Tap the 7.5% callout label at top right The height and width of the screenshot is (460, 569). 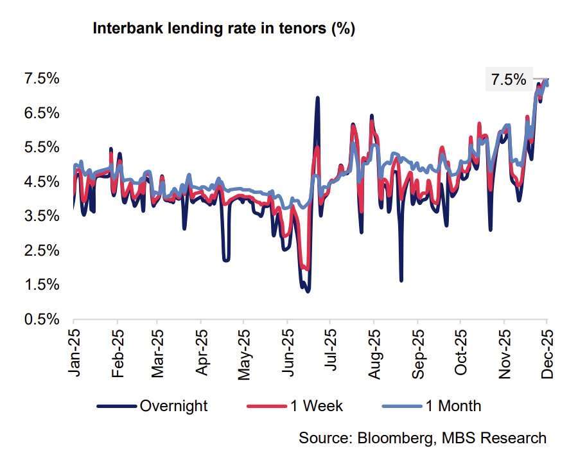tap(508, 80)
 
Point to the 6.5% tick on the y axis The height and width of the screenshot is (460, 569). tap(42, 113)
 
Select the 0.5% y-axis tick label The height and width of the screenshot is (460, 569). tap(42, 319)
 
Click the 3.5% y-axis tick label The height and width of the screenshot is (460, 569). tap(42, 217)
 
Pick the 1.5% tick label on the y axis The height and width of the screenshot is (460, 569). tap(42, 285)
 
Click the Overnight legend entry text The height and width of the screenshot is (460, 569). tap(173, 406)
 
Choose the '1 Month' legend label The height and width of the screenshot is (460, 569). tap(453, 406)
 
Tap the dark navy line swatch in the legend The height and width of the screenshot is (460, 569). tap(117, 406)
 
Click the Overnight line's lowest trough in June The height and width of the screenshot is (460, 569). tap(308, 291)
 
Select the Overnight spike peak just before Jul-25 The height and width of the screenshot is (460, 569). tap(317, 98)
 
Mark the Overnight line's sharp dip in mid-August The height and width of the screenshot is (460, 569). tap(401, 280)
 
